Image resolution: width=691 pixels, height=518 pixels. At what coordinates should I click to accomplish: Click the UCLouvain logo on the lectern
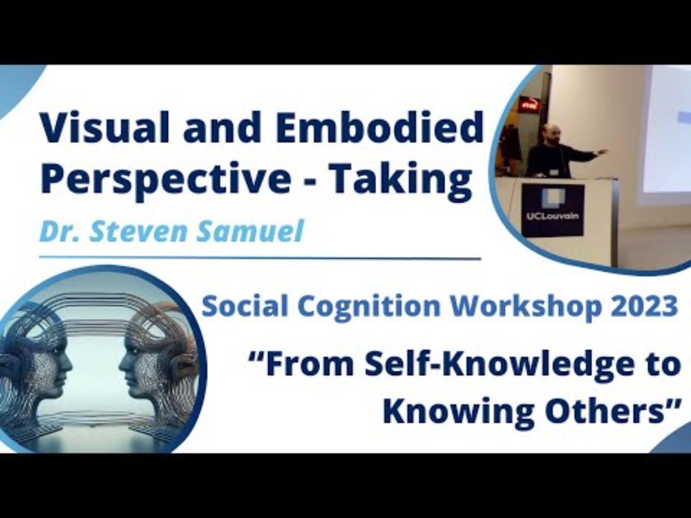(553, 210)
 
